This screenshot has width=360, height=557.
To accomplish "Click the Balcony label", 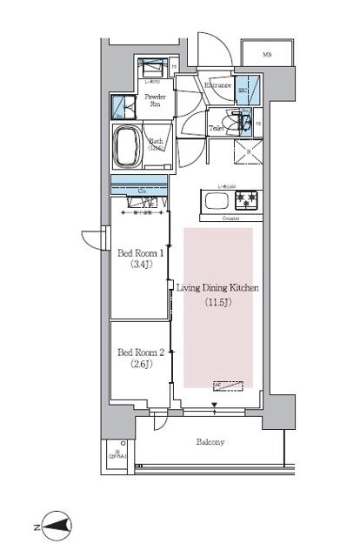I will [x=210, y=442].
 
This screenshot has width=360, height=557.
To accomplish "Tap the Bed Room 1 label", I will [x=140, y=253].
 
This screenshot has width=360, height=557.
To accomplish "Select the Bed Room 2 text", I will [x=140, y=352].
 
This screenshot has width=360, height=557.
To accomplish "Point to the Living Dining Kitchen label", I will [x=217, y=287].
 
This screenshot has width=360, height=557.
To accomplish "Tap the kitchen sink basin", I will [x=214, y=202].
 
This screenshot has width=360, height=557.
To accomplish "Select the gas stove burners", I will [x=248, y=201].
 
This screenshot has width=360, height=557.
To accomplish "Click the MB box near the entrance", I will [x=267, y=55].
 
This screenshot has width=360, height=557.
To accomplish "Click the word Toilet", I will [x=217, y=128].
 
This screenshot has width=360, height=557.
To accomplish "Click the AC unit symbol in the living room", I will [x=227, y=384].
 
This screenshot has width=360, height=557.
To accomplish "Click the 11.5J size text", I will [x=217, y=303].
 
